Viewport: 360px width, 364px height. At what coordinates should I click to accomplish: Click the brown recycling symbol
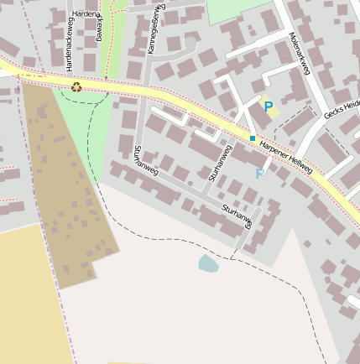pyautogui.click(x=76, y=86)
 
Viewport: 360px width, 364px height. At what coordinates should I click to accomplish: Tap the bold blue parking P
pyautogui.click(x=269, y=107)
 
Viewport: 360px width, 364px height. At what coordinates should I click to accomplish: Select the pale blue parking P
pyautogui.click(x=259, y=174)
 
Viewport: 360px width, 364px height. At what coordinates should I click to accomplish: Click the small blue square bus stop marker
pyautogui.click(x=253, y=138)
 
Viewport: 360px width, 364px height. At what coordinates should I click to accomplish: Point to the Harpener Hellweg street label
pyautogui.click(x=285, y=157)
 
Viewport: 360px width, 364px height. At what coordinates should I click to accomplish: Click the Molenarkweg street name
pyautogui.click(x=299, y=54)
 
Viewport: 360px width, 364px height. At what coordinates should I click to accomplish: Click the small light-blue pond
pyautogui.click(x=207, y=264)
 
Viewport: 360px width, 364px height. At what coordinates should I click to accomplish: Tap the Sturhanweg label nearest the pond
pyautogui.click(x=236, y=216)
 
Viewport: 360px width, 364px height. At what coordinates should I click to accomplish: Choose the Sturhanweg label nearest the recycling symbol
pyautogui.click(x=145, y=161)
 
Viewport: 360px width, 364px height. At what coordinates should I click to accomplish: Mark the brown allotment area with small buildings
pyautogui.click(x=67, y=193)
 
